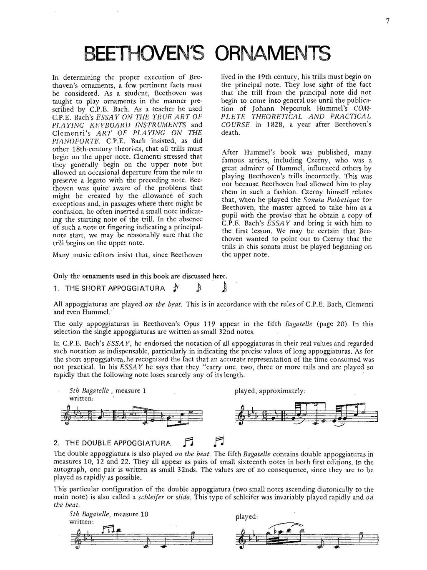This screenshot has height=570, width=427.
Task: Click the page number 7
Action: coord(387,22)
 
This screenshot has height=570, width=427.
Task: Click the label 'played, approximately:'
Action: coord(270,391)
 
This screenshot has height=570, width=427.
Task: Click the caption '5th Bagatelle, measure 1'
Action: coord(108,391)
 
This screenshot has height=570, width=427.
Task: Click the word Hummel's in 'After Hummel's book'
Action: coord(254,152)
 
